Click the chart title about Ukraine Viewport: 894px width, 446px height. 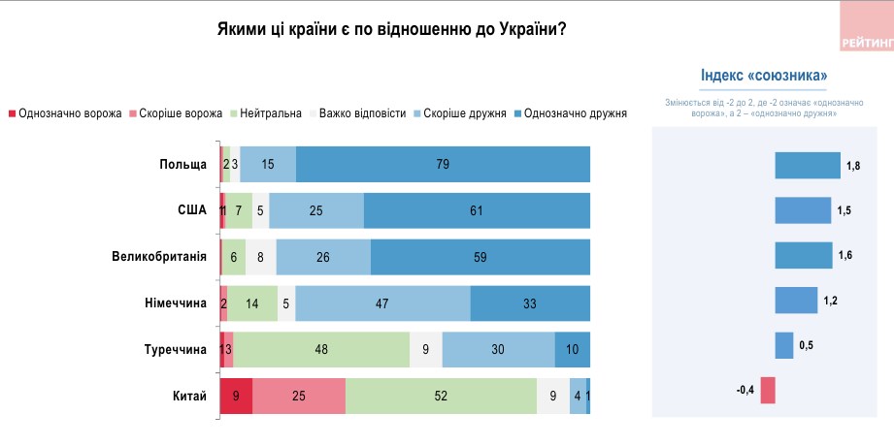click(391, 29)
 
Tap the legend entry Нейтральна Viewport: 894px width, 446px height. click(270, 113)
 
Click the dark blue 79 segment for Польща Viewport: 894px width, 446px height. click(443, 164)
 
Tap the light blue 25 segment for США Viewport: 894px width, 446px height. click(316, 210)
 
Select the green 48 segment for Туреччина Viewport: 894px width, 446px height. click(321, 349)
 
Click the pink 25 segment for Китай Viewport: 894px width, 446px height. click(299, 396)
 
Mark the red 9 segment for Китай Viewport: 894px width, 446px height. click(237, 396)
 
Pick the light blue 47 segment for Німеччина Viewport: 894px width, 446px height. click(382, 303)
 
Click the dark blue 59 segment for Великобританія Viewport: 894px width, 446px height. click(480, 257)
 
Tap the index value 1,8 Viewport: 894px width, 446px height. click(853, 166)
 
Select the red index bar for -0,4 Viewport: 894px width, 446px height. click(767, 390)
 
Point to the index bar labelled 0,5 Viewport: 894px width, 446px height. click(783, 345)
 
